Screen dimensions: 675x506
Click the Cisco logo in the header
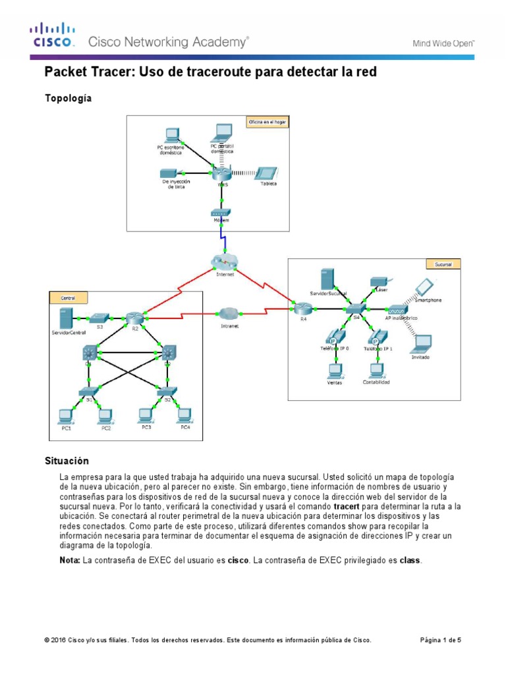point(53,36)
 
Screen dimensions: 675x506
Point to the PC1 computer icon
point(65,415)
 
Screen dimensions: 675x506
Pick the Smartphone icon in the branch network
point(424,287)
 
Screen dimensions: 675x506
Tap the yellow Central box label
point(68,298)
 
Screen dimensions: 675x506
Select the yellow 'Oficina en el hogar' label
point(267,122)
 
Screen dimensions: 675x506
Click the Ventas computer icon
point(337,370)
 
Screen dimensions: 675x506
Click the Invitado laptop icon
point(421,343)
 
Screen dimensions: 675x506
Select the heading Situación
point(67,460)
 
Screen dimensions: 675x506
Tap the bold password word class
point(410,560)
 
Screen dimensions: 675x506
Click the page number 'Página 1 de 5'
point(441,640)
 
